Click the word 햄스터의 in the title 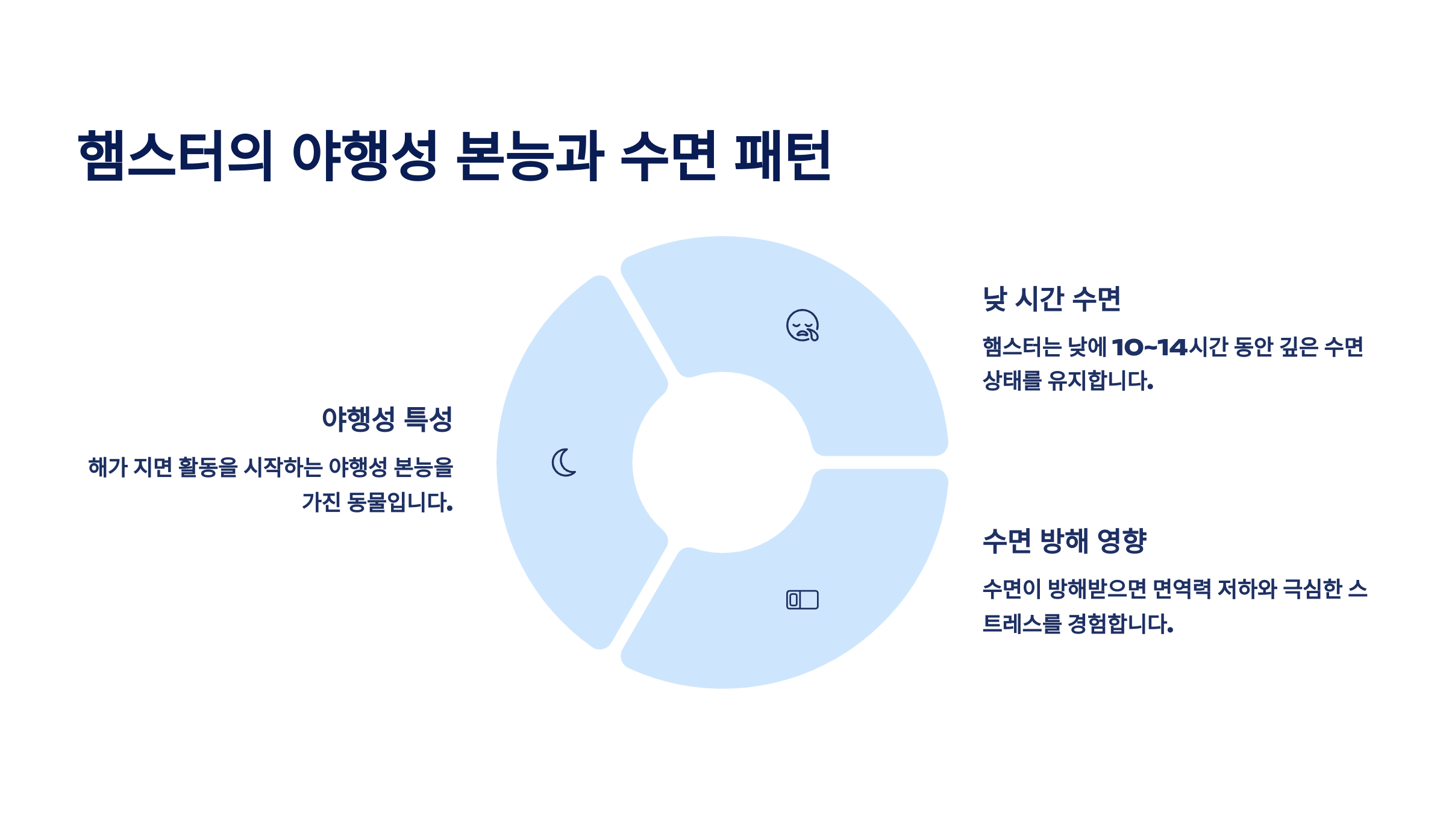pyautogui.click(x=175, y=155)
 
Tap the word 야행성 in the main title pyautogui.click(x=364, y=155)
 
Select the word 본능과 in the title pyautogui.click(x=530, y=155)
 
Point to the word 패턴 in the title pyautogui.click(x=782, y=155)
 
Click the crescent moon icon pyautogui.click(x=564, y=463)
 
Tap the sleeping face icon pyautogui.click(x=803, y=326)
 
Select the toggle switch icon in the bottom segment pyautogui.click(x=802, y=600)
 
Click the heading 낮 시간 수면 pyautogui.click(x=1051, y=299)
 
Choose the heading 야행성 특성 pyautogui.click(x=387, y=419)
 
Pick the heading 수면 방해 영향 pyautogui.click(x=1065, y=541)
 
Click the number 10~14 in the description pyautogui.click(x=1149, y=347)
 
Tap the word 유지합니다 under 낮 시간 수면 pyautogui.click(x=1100, y=381)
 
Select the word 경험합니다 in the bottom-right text pyautogui.click(x=1120, y=624)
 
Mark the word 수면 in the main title pyautogui.click(x=668, y=155)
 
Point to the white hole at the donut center pyautogui.click(x=722, y=463)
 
